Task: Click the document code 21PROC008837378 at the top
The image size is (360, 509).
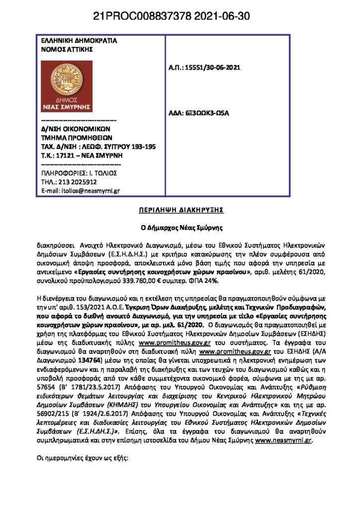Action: tap(147, 17)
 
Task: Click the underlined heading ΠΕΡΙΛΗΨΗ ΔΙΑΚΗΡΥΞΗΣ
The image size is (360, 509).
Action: tap(180, 210)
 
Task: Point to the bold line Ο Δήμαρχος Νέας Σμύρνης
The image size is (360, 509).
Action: tap(180, 228)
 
